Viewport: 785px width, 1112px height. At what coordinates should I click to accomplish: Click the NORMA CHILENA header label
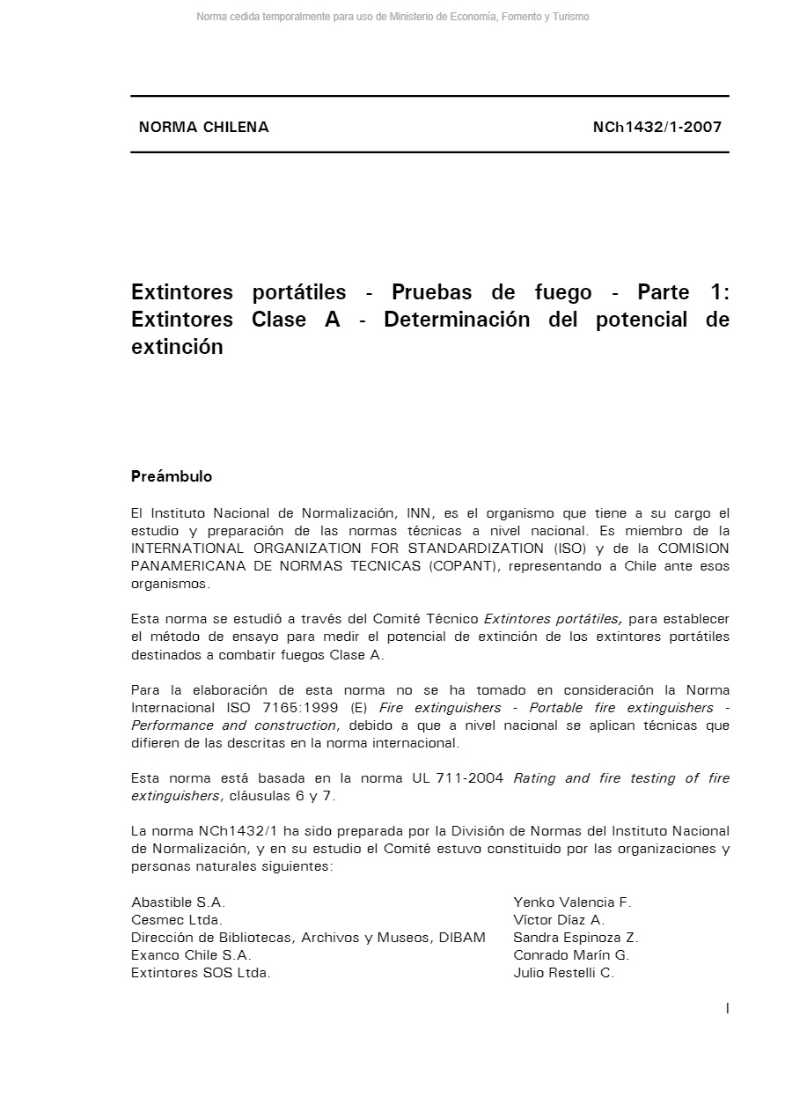[x=203, y=127]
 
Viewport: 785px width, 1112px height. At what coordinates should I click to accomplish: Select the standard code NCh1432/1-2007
[x=657, y=127]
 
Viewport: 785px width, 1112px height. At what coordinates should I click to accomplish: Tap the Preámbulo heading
[x=172, y=476]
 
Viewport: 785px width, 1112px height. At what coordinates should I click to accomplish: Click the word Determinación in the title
[x=457, y=320]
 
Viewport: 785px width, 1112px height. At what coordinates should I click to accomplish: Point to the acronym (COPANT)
[x=462, y=566]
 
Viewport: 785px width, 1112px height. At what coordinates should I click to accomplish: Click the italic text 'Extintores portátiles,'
[x=552, y=619]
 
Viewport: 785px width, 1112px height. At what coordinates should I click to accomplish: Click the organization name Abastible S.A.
[x=178, y=902]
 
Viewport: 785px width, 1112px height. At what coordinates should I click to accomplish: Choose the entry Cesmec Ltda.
[x=177, y=920]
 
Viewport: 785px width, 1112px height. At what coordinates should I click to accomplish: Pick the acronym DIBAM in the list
[x=460, y=938]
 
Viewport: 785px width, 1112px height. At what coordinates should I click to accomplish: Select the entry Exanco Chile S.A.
[x=191, y=955]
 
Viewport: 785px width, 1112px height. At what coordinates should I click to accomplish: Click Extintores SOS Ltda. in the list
[x=201, y=973]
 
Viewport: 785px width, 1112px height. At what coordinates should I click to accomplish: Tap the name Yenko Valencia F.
[x=572, y=902]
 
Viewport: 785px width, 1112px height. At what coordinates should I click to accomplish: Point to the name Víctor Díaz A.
[x=559, y=920]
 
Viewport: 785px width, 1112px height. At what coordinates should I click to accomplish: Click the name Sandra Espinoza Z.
[x=576, y=938]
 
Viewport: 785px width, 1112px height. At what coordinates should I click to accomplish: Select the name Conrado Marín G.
[x=571, y=955]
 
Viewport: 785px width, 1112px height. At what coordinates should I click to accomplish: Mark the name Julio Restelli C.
[x=563, y=973]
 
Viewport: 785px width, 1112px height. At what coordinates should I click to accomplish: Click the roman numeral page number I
[x=727, y=1009]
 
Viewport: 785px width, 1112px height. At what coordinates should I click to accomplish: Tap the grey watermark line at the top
[x=392, y=17]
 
